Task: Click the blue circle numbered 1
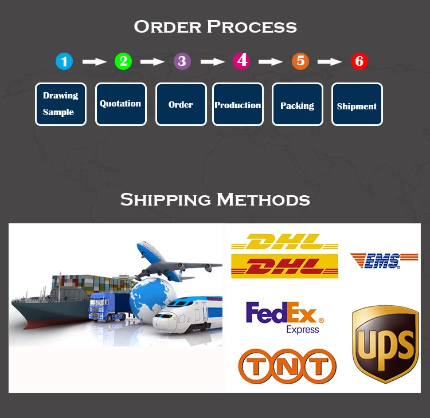pos(64,61)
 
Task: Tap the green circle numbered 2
pos(123,61)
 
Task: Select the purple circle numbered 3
pos(182,61)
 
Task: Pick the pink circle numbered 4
pos(241,61)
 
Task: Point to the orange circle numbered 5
pos(300,61)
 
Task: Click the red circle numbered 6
pos(359,61)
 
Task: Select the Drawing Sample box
pos(60,104)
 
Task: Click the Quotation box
pos(120,104)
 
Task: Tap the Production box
pos(238,104)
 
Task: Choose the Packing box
pos(297,104)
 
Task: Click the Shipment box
pos(357,104)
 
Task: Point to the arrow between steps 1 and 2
pos(94,61)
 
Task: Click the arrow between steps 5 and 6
pos(330,61)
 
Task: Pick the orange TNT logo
pos(287,366)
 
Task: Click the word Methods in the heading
pos(263,200)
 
